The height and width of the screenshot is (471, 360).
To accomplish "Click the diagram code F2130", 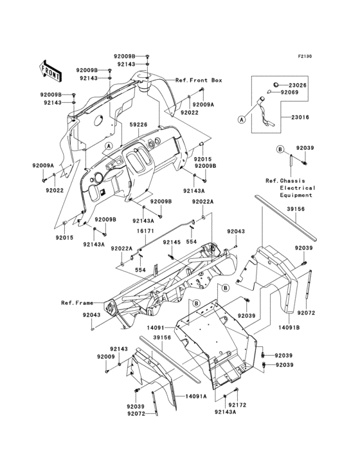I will click(x=305, y=57).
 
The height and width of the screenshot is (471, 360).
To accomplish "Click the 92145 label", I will click(x=171, y=242).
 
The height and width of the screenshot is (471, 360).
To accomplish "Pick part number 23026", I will click(x=297, y=85).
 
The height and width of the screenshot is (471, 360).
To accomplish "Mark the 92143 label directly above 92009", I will click(x=120, y=349).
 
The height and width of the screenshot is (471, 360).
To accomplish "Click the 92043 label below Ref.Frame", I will click(x=91, y=315).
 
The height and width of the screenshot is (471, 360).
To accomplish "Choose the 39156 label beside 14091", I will click(x=161, y=337).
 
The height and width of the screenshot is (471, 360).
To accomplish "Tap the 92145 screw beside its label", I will click(x=172, y=257).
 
